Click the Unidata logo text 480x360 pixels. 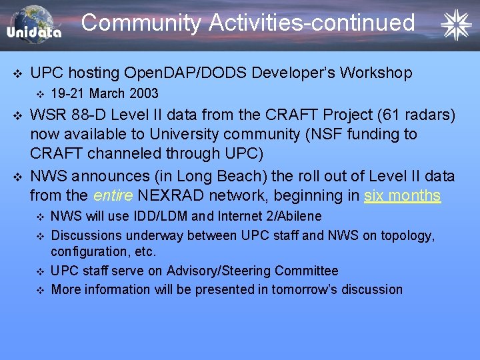(x=34, y=33)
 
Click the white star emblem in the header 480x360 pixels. (x=456, y=25)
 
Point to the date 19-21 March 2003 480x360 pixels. (x=105, y=93)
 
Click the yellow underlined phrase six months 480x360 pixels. (x=403, y=195)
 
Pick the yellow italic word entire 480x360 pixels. (x=113, y=195)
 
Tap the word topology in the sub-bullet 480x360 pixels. (x=407, y=235)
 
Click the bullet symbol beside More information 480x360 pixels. (x=39, y=289)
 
